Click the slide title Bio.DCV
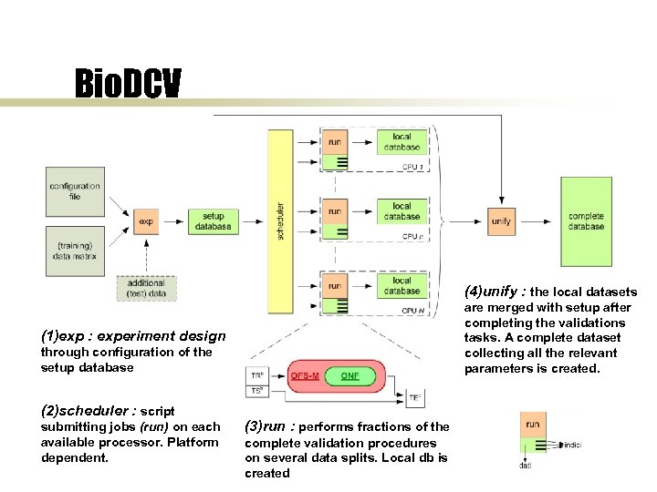[x=128, y=85]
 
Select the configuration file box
[x=75, y=191]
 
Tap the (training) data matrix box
[x=75, y=251]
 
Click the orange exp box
[x=146, y=221]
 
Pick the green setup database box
[x=213, y=221]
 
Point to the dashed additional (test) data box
[x=146, y=288]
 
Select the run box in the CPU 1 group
[x=335, y=142]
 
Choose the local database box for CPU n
[x=401, y=211]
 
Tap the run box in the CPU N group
[x=335, y=286]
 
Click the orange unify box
[x=501, y=221]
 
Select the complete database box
[x=586, y=221]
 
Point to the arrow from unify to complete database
[x=538, y=221]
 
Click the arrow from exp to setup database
[x=172, y=221]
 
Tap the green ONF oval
[x=349, y=375]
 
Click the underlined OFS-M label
[x=304, y=375]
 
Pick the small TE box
[x=415, y=398]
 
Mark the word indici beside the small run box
[x=572, y=444]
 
